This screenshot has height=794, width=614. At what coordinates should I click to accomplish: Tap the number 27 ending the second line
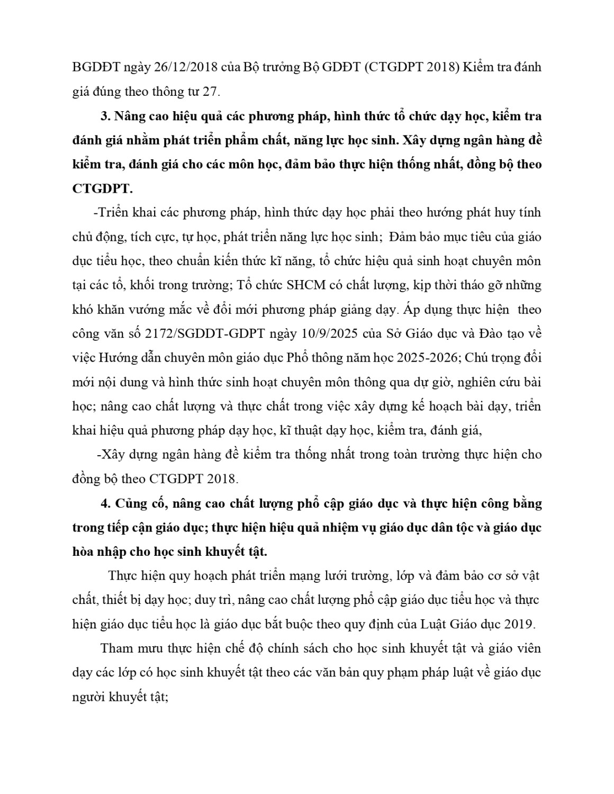[x=210, y=92]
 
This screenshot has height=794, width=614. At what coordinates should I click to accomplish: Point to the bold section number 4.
[x=105, y=503]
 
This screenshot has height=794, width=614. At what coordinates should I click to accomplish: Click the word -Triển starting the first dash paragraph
[x=110, y=213]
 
